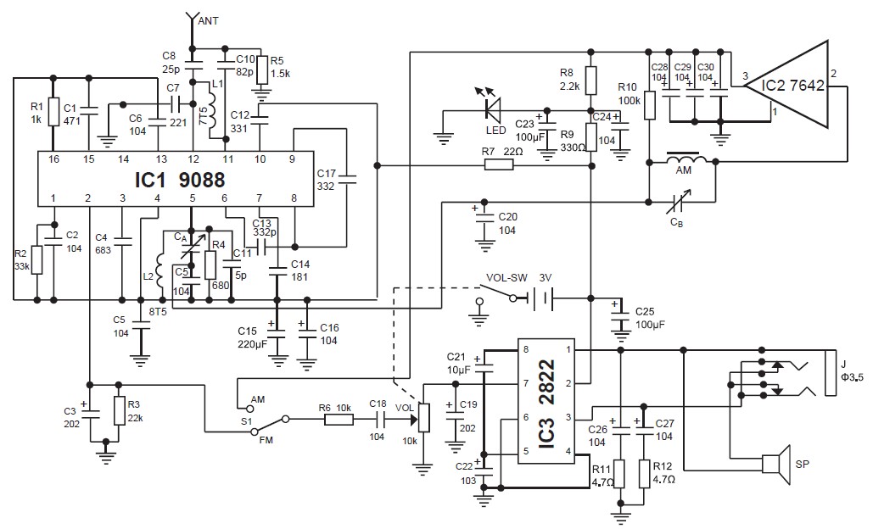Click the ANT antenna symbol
point(192,21)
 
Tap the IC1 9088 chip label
point(180,180)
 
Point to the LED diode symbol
point(493,109)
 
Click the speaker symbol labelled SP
point(776,464)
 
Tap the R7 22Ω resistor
point(499,164)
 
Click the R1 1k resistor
point(53,112)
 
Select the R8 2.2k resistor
point(591,80)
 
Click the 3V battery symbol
point(541,298)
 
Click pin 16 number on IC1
point(53,159)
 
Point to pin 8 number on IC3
point(526,349)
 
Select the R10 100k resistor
point(649,106)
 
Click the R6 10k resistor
point(339,418)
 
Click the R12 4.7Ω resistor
point(644,474)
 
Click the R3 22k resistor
point(119,411)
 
